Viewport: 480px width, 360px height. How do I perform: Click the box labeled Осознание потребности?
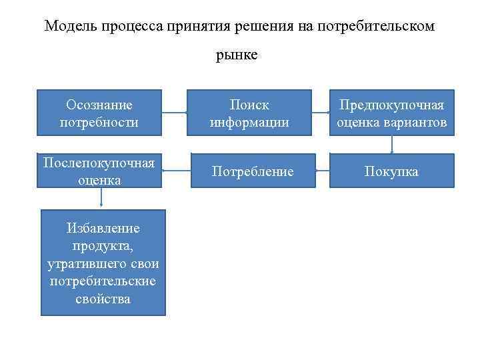click(x=99, y=113)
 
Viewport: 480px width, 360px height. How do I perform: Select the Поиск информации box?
click(x=249, y=113)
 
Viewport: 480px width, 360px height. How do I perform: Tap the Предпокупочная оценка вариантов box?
click(x=391, y=113)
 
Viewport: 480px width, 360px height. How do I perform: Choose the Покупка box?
click(x=391, y=172)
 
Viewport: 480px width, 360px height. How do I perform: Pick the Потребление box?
click(x=252, y=172)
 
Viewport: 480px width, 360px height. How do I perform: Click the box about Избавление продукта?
click(x=103, y=263)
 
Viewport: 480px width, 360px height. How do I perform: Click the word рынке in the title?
click(x=236, y=56)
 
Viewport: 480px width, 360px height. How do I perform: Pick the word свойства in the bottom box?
click(x=103, y=299)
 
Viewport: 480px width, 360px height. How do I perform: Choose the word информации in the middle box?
click(x=249, y=123)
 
